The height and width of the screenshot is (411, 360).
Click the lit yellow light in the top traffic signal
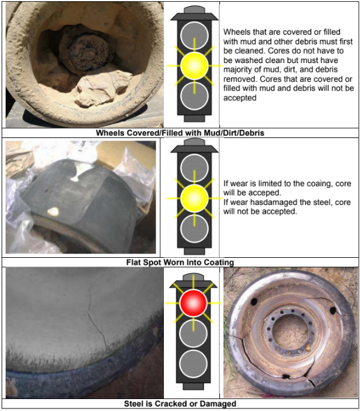(x=194, y=65)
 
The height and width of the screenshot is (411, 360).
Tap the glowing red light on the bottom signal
(x=194, y=304)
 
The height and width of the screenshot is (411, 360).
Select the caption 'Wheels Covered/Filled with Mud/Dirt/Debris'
(x=180, y=133)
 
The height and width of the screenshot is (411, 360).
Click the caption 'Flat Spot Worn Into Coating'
(x=180, y=262)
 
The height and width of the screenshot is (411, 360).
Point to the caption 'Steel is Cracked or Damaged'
(x=180, y=403)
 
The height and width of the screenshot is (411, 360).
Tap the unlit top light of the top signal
(x=194, y=34)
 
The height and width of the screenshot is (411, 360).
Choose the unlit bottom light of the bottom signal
(x=194, y=363)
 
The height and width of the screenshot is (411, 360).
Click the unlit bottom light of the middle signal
(x=194, y=228)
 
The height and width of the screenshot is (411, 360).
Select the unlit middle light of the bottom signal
(x=194, y=333)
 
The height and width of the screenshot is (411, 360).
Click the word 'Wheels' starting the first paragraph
(x=236, y=31)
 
